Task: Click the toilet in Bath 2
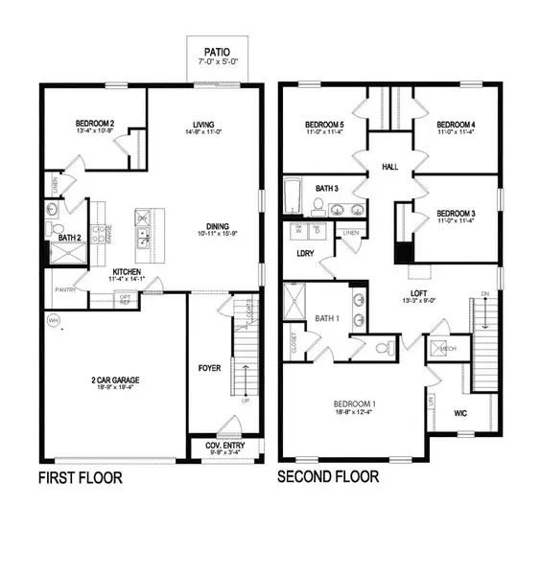(56, 228)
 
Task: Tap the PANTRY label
(66, 288)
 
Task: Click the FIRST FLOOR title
(80, 476)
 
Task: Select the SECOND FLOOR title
(328, 476)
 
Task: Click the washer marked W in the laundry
(296, 232)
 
